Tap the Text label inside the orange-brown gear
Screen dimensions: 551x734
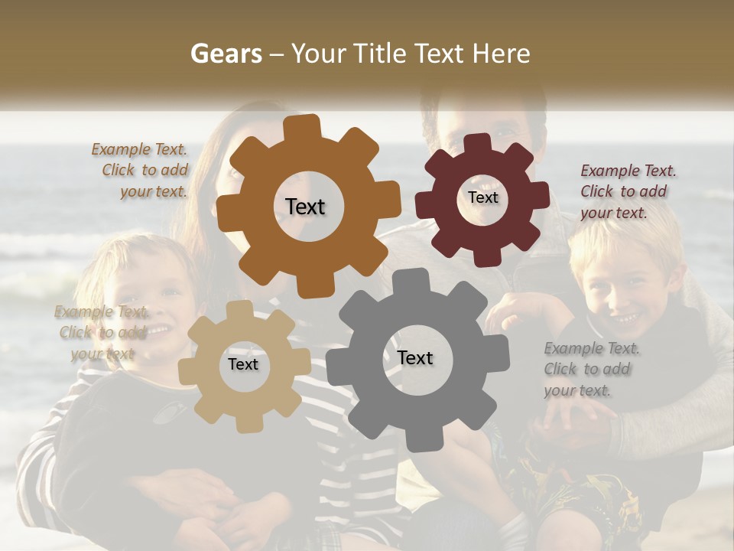[305, 207]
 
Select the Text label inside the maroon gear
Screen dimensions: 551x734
[482, 197]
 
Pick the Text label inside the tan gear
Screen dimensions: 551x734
[243, 364]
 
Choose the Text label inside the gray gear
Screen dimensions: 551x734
[415, 357]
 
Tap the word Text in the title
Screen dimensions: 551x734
[439, 54]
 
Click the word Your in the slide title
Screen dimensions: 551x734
[319, 54]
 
